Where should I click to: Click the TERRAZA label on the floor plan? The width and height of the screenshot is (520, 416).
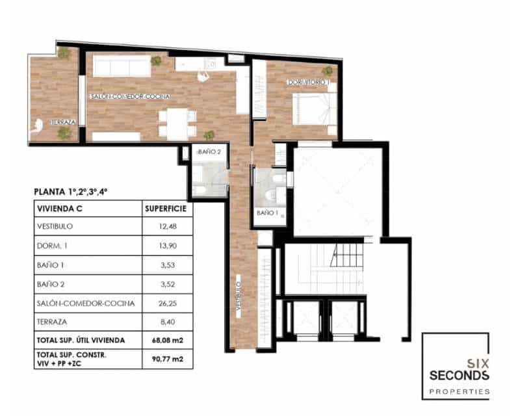click(x=64, y=122)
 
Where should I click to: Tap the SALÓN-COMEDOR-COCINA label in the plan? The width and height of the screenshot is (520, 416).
click(x=130, y=96)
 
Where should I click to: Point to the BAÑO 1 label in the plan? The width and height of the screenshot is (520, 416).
click(x=266, y=213)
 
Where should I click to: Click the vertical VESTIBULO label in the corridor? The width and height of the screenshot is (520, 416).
click(x=240, y=300)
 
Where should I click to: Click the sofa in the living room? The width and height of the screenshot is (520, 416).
click(x=121, y=65)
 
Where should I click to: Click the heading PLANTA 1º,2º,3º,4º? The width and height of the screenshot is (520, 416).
click(x=70, y=192)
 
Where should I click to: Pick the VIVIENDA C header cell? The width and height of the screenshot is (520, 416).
click(x=60, y=209)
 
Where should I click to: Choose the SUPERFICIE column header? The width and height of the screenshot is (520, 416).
click(x=165, y=209)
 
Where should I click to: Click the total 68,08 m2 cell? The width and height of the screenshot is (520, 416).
click(x=166, y=341)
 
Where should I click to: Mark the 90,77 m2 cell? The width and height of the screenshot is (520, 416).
click(x=166, y=359)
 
